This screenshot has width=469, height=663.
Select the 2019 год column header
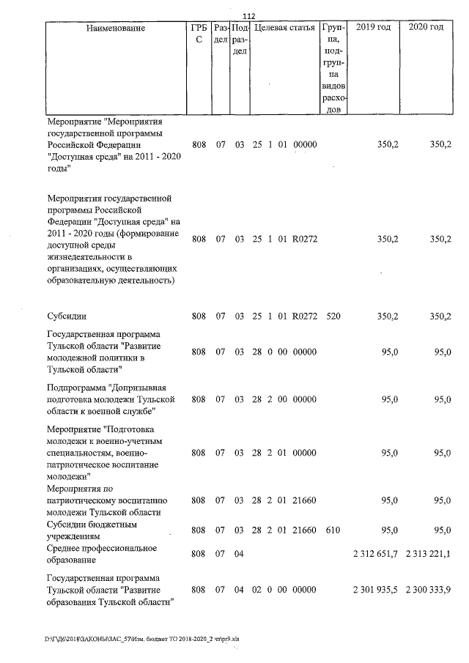tap(372, 28)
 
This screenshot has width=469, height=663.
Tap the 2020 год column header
tap(426, 28)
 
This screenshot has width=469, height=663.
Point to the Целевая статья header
tap(284, 28)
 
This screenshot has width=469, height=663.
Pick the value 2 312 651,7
tap(374, 554)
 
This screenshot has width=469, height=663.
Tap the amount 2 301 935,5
tap(374, 590)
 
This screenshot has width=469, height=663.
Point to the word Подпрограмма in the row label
tap(76, 387)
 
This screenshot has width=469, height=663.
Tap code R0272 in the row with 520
tap(304, 316)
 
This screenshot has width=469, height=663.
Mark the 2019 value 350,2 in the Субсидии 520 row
tap(388, 316)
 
